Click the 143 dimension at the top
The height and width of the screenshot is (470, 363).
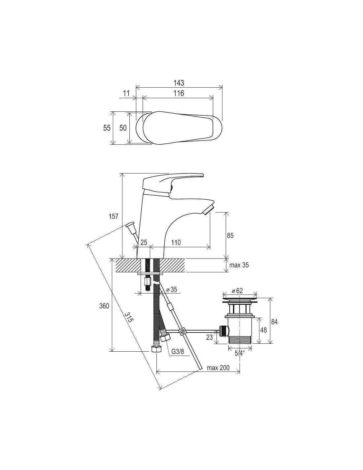[x=179, y=83]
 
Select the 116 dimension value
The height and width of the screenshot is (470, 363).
[x=179, y=93]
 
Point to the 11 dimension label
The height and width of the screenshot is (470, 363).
[x=126, y=93]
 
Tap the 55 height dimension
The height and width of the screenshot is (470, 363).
[x=107, y=128]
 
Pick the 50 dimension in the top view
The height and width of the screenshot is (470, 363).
[x=123, y=128]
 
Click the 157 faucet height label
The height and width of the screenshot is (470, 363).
[x=114, y=216]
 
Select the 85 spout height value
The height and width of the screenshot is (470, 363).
[x=230, y=236]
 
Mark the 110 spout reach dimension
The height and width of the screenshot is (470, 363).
[x=176, y=243]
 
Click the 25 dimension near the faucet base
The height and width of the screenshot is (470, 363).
[x=144, y=243]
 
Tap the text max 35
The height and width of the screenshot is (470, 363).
[x=239, y=265]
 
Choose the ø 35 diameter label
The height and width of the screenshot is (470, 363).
[x=172, y=290]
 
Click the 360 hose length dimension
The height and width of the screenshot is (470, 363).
[x=104, y=306]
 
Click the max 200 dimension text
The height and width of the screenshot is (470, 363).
[x=218, y=368]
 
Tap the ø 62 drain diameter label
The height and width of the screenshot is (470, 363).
[x=237, y=291]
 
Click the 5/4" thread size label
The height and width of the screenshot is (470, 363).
[x=240, y=353]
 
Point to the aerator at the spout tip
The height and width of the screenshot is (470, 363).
[x=208, y=210]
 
